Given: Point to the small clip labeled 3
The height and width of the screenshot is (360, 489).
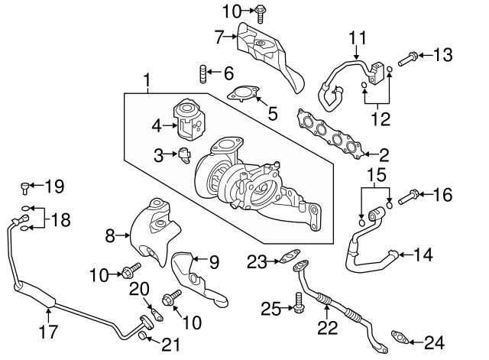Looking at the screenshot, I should [x=184, y=155].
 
